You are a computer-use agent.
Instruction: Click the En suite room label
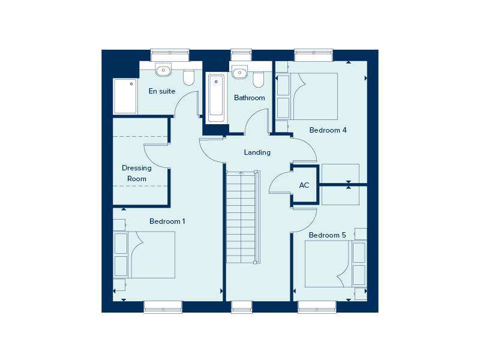(x=162, y=91)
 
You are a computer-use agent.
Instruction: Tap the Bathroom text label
(x=250, y=98)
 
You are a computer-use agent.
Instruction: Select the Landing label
(x=257, y=152)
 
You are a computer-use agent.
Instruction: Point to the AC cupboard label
(x=304, y=185)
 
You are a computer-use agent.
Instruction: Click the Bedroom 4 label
(x=328, y=130)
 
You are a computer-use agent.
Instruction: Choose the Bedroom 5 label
(x=328, y=235)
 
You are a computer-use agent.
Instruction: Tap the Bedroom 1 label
(x=167, y=221)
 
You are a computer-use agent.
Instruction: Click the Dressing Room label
(x=137, y=173)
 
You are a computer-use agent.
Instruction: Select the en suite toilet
(x=189, y=78)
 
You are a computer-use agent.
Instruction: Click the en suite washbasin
(x=163, y=71)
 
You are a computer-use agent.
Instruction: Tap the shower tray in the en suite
(x=125, y=96)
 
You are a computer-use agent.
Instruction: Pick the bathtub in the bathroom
(x=217, y=98)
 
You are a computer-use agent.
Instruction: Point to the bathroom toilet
(x=259, y=79)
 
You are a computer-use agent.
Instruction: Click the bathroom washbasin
(x=239, y=73)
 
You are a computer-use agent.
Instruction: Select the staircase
(x=243, y=216)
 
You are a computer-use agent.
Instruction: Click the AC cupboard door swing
(x=278, y=182)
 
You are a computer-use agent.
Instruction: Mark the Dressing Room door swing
(x=156, y=156)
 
